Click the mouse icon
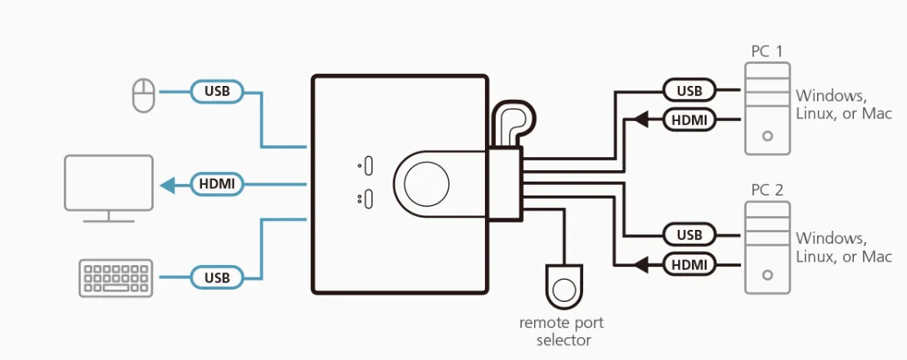click(143, 96)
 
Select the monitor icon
click(109, 189)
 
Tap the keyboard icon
click(115, 278)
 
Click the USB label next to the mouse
click(217, 92)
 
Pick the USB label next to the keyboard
click(217, 278)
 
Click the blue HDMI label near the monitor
click(217, 185)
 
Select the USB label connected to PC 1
click(689, 90)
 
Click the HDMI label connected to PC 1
click(689, 119)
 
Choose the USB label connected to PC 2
click(689, 235)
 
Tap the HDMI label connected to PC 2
click(689, 265)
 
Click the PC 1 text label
click(767, 52)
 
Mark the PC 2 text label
click(767, 191)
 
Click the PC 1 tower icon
click(768, 108)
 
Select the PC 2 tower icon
click(768, 247)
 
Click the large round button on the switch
click(426, 185)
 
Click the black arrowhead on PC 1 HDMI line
click(641, 119)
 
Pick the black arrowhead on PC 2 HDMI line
click(641, 265)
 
